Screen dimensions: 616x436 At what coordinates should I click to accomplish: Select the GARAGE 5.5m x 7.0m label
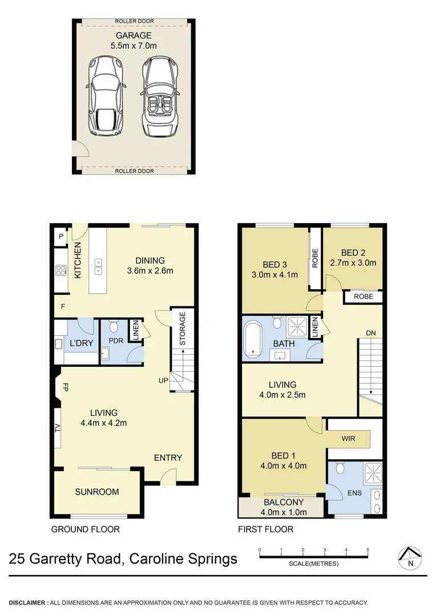click(x=134, y=40)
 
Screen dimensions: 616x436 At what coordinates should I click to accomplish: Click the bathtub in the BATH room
click(x=252, y=340)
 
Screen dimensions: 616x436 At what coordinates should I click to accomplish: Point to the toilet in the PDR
click(x=112, y=326)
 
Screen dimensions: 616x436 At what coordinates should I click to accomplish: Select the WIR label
click(x=349, y=439)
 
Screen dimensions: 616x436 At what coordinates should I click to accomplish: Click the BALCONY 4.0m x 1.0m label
click(x=284, y=507)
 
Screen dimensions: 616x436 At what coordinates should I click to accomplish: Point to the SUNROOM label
click(x=97, y=492)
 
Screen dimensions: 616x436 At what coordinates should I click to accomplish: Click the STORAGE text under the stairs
click(x=183, y=329)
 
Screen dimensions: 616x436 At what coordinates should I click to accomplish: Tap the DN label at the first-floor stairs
click(x=371, y=333)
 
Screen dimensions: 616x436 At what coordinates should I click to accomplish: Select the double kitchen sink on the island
click(x=98, y=265)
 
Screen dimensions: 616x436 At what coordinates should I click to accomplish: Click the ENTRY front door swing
click(x=167, y=476)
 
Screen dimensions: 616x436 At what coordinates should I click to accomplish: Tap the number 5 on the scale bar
click(x=368, y=550)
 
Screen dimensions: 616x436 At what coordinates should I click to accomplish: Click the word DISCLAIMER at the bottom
click(x=27, y=602)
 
